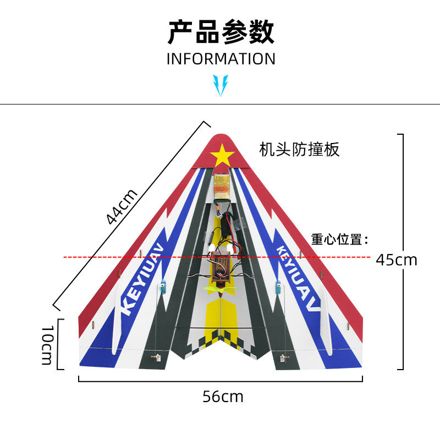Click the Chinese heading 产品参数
click(221, 32)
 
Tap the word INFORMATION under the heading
click(221, 59)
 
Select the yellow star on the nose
click(222, 155)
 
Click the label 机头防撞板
click(299, 149)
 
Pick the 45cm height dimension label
click(396, 259)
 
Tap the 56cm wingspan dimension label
click(222, 396)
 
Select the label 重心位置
click(339, 239)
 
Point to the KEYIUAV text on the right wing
click(297, 278)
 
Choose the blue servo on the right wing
click(278, 288)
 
